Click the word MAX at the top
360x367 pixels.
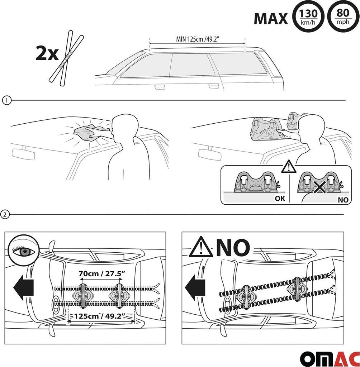(x=271, y=19)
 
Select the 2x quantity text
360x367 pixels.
(x=47, y=54)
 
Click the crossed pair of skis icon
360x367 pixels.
(x=66, y=58)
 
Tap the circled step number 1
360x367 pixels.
(x=6, y=101)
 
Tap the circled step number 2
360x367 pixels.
(x=5, y=214)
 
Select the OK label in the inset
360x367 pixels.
(x=280, y=199)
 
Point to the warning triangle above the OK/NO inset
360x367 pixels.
(x=289, y=166)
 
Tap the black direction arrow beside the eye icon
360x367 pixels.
(x=24, y=287)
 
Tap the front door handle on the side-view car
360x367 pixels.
(x=160, y=87)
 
